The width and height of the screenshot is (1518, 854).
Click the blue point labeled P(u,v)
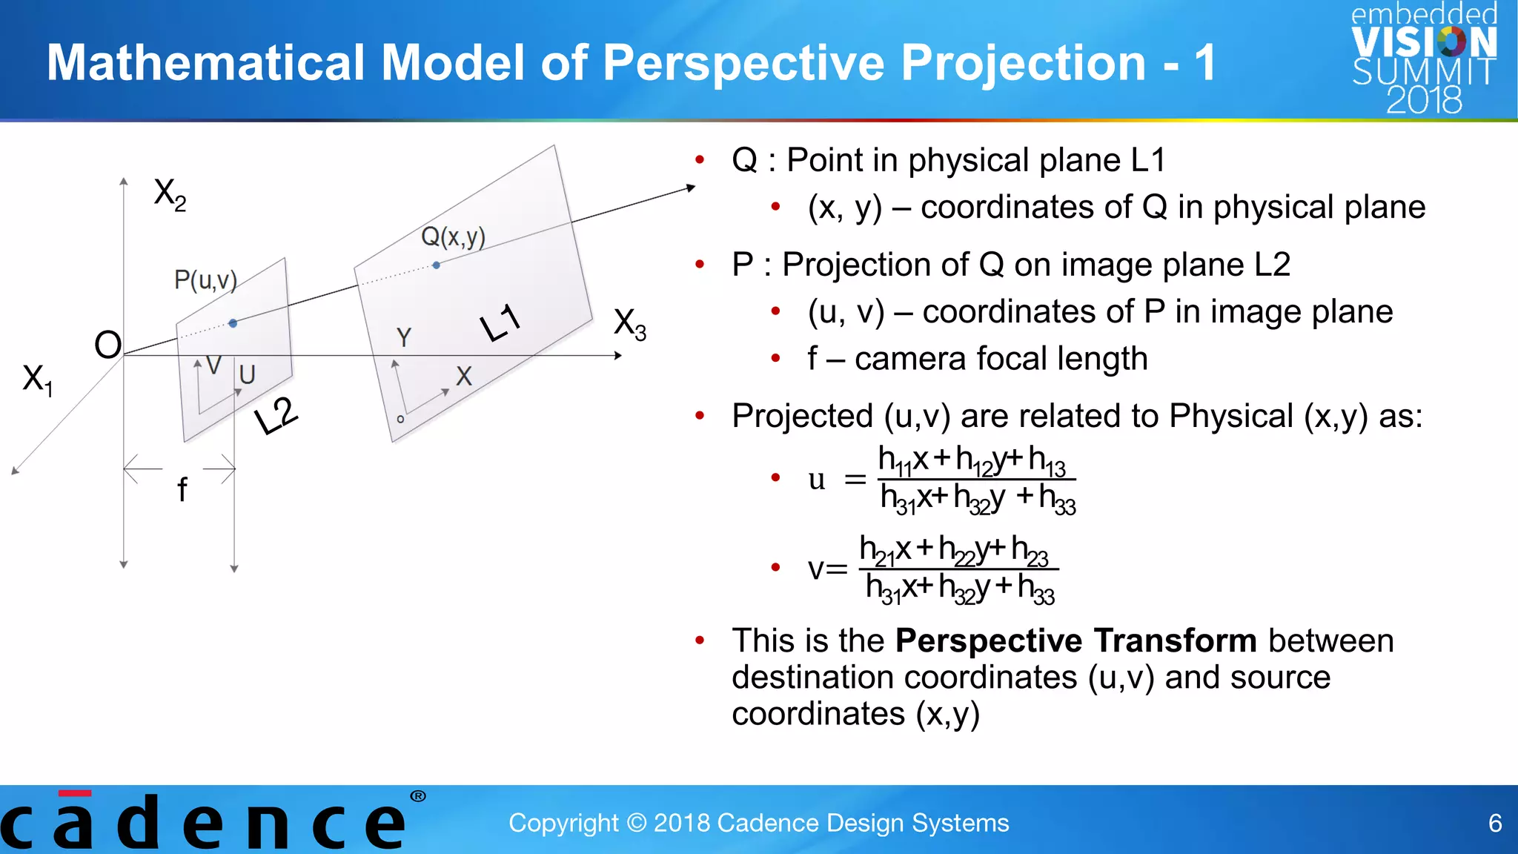(x=233, y=323)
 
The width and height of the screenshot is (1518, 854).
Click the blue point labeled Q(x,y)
(x=436, y=265)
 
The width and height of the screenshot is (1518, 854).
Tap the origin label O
(x=108, y=345)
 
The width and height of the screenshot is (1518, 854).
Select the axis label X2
(x=170, y=194)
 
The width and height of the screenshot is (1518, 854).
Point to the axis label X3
(x=630, y=325)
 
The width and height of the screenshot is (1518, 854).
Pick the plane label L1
(x=501, y=323)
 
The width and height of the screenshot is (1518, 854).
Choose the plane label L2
(x=276, y=417)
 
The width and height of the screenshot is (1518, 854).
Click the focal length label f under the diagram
(x=182, y=490)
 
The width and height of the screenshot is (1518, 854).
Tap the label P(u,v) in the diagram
(x=205, y=280)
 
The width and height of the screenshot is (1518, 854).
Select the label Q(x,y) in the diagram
(x=453, y=237)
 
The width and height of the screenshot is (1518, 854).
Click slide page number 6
(x=1495, y=823)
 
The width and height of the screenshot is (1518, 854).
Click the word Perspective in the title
(x=744, y=62)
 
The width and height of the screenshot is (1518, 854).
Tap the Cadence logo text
(x=204, y=823)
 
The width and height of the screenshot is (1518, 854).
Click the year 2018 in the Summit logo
(x=1424, y=100)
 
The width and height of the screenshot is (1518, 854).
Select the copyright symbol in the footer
(x=636, y=823)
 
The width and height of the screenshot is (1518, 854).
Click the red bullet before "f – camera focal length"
(x=775, y=359)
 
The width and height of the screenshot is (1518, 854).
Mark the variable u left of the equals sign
(x=817, y=480)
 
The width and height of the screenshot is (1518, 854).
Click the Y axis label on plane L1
(x=403, y=337)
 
